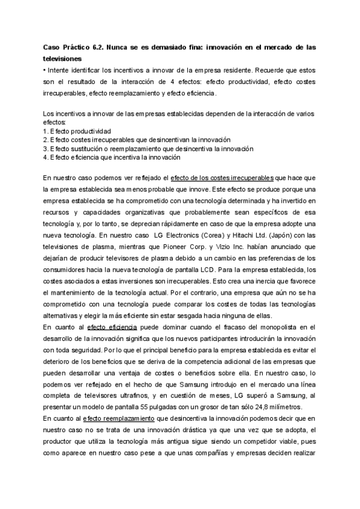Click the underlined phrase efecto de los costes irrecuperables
222,178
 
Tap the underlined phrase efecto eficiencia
112,327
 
